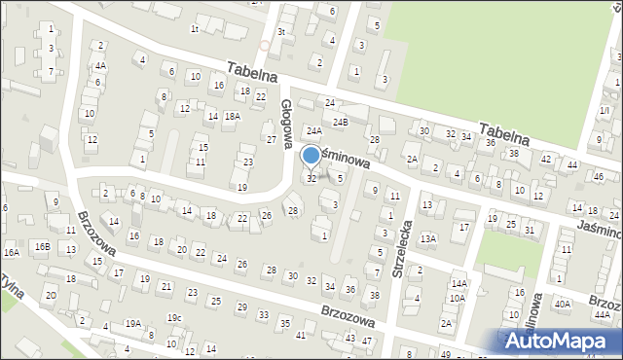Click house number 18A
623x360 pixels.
(232, 116)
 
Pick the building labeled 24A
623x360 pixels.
(313, 129)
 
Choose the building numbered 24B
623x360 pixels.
(340, 123)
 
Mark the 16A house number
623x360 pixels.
(12, 252)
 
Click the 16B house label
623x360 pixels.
(42, 246)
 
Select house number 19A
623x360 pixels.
(132, 323)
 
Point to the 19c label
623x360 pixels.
(173, 317)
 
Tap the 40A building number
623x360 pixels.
(563, 304)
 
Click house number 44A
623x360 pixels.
(603, 315)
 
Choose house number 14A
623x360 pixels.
(458, 283)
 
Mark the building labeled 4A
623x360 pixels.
(100, 66)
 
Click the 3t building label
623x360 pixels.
(281, 32)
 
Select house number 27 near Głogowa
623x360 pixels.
(271, 126)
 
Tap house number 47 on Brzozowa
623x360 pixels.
(366, 341)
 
